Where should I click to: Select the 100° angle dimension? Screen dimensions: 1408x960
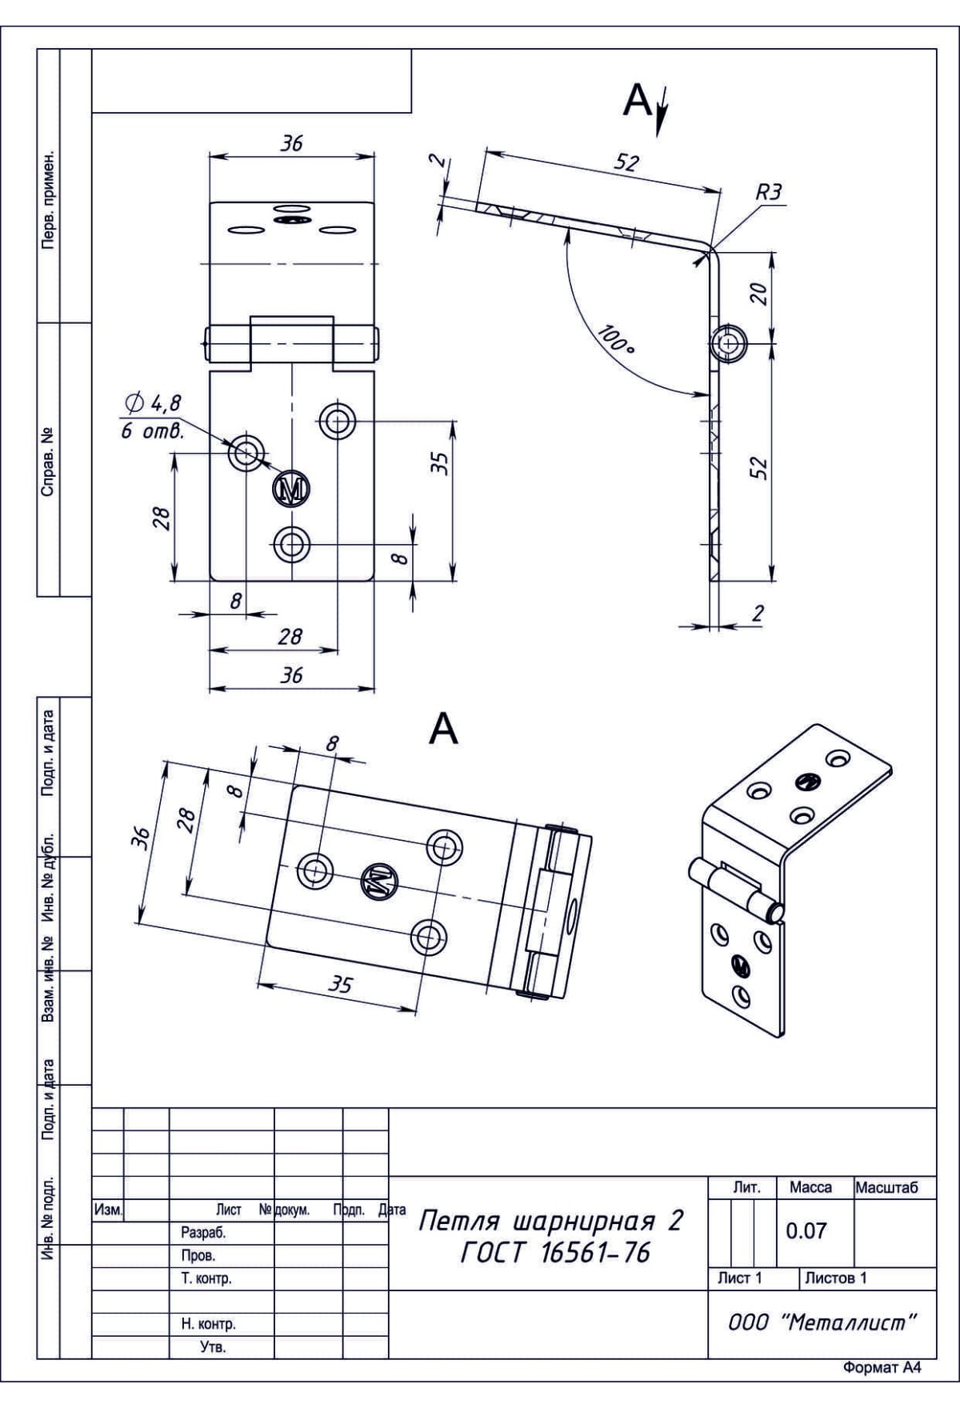[614, 341]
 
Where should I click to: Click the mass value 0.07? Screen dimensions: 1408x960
[806, 1231]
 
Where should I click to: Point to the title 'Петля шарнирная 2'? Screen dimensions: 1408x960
[551, 1222]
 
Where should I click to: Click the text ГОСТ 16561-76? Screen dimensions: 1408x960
[555, 1253]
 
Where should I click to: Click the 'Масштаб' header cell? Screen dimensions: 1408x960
[886, 1188]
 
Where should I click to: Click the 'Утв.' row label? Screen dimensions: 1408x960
[212, 1348]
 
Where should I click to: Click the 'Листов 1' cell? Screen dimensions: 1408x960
[835, 1278]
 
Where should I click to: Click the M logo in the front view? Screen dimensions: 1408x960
[292, 489]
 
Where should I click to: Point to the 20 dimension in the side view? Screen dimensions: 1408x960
[761, 294]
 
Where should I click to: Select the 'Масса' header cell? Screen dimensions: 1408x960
[810, 1188]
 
